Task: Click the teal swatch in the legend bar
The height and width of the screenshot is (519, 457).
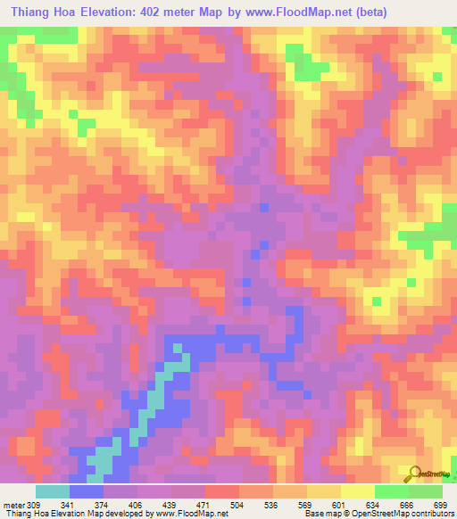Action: click(x=53, y=490)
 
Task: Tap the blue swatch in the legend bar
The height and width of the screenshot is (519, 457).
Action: click(x=87, y=490)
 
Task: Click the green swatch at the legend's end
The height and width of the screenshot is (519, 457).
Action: click(x=426, y=490)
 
